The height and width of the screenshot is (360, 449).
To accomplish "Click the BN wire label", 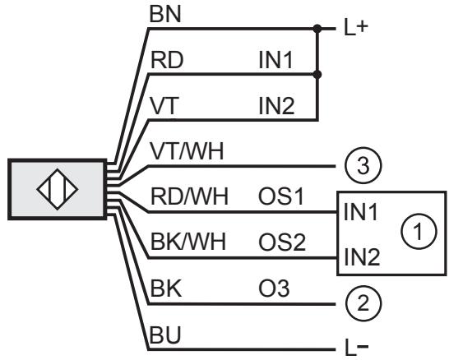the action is (165, 15).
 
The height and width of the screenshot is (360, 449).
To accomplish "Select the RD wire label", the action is (167, 60).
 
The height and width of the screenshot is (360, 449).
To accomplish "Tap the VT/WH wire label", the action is (187, 151).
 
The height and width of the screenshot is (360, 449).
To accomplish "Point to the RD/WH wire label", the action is (189, 196).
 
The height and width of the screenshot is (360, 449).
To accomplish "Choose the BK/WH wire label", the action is (188, 242).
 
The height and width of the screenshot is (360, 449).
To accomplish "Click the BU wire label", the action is (165, 335).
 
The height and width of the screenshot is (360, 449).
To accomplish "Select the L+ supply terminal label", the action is (356, 28).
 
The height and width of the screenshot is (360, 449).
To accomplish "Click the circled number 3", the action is (363, 166).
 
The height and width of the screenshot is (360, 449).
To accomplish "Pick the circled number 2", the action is (363, 303).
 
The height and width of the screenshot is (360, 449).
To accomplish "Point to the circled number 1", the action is (419, 231).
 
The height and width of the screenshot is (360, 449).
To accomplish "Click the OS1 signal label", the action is (281, 197).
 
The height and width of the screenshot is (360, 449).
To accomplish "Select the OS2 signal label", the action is (282, 242).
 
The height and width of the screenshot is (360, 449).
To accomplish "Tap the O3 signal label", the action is (274, 288).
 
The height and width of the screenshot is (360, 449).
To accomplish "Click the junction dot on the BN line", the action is (317, 29).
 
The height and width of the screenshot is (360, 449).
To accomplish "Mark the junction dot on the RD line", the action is (317, 75).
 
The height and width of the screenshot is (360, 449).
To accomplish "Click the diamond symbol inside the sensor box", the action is (58, 189).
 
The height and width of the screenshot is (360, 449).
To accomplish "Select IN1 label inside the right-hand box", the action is (360, 212).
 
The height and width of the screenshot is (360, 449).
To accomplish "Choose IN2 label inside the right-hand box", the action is (362, 257).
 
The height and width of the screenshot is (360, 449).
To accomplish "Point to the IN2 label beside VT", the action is (276, 106).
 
